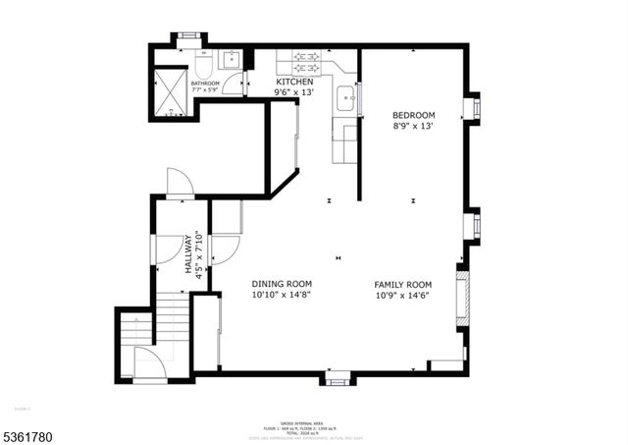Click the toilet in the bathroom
tap(200, 64)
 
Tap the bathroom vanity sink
tap(231, 60)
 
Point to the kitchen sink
tap(346, 97)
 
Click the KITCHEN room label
tap(294, 82)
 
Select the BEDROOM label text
tap(413, 115)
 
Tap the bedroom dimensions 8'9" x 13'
tap(413, 126)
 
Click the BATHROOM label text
tap(205, 84)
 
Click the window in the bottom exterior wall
tap(338, 378)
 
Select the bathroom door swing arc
tap(232, 84)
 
